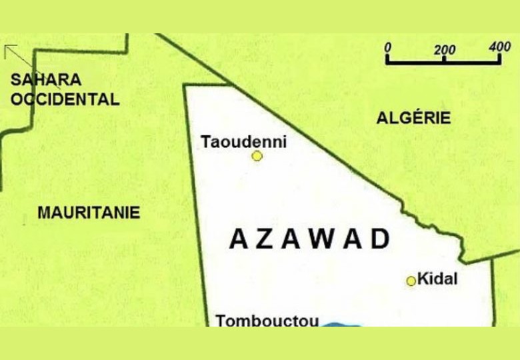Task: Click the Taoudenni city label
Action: point(243,141)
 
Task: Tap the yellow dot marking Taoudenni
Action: point(257,156)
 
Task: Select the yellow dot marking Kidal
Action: point(411,281)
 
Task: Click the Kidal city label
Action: point(437,279)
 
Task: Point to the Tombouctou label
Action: point(267,320)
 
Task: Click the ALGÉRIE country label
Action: point(413,118)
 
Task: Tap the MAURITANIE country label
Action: point(89,213)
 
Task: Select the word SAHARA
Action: point(46,80)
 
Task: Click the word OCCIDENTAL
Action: point(65,100)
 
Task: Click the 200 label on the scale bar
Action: point(445,49)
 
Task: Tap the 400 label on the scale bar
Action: point(499,47)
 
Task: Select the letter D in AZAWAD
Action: point(380,239)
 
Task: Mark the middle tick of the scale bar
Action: point(445,59)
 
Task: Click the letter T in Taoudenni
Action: point(206,141)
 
